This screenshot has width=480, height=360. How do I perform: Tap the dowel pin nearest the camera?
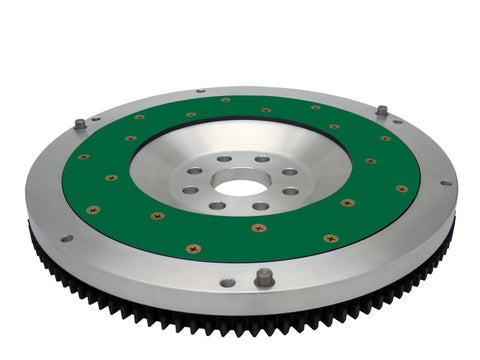pos(264,277)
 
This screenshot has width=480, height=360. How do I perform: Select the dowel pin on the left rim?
pos(80,125)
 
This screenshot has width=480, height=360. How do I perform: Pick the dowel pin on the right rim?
pos(382,110)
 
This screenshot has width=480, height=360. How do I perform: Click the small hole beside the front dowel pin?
pos(228,283)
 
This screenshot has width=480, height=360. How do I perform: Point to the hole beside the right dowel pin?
pos(398,121)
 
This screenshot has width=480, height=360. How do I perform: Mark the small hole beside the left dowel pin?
pos(96,119)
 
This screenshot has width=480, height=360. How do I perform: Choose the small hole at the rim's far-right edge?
pos(446,182)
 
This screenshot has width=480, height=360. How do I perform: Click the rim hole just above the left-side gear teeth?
pos(66,238)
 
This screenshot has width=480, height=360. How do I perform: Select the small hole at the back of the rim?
pos(201,90)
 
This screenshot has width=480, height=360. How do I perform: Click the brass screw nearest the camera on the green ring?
pos(194,248)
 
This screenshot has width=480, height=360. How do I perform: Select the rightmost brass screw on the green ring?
pos(402,188)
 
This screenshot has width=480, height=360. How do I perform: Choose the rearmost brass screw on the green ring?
pos(226,100)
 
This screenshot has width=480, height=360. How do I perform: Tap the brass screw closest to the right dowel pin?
pos(385,137)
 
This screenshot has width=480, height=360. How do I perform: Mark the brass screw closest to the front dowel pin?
pos(258,228)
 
